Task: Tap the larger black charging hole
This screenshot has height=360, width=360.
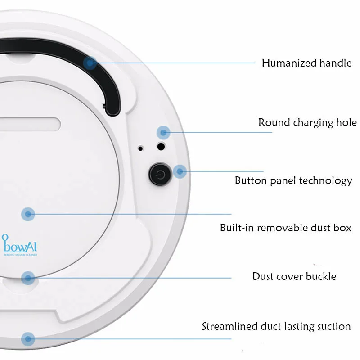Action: click(x=161, y=146)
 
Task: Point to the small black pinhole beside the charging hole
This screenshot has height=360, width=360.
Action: click(x=141, y=148)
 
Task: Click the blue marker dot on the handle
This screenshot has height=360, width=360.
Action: click(x=91, y=63)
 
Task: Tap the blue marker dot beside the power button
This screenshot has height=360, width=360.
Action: click(x=180, y=171)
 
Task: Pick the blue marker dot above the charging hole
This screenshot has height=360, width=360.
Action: click(x=163, y=132)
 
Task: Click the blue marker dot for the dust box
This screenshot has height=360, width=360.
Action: click(x=28, y=214)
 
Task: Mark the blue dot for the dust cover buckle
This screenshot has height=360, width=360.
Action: click(x=28, y=278)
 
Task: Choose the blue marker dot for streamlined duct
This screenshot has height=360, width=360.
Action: click(x=28, y=338)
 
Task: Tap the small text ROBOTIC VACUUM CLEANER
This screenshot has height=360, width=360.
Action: click(x=20, y=255)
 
